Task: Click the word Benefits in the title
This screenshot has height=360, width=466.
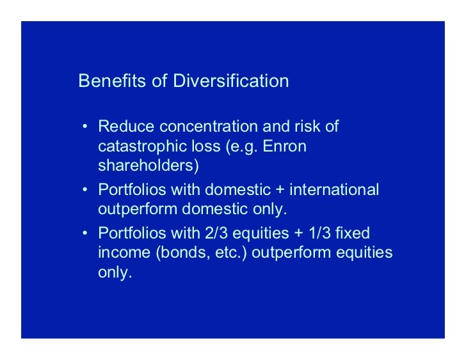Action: point(113,81)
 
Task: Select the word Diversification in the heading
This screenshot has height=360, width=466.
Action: point(230,81)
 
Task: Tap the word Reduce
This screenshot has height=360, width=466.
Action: point(126,126)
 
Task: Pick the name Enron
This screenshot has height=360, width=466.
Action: point(284,146)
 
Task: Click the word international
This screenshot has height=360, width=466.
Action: point(334,189)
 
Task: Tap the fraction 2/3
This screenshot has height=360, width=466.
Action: point(216,233)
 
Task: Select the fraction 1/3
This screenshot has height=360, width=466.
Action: point(320,233)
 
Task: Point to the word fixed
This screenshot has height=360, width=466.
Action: point(353,233)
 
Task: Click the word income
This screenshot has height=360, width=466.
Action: point(124,253)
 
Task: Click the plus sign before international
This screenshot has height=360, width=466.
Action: point(280,190)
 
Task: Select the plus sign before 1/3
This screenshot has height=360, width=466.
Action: point(299,233)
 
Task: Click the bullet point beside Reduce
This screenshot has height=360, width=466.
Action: point(85,127)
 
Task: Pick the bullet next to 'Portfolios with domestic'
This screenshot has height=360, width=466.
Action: point(85,189)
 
